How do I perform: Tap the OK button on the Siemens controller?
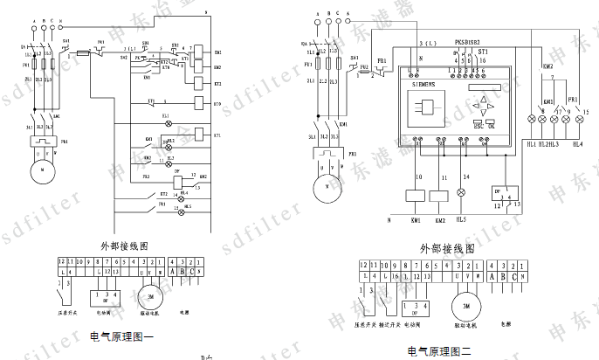491,124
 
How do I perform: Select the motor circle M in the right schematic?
327,184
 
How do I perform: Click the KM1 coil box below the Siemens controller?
416,196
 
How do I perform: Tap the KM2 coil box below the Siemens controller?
441,196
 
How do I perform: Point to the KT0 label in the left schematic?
217,105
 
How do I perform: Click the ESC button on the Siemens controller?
478,124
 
